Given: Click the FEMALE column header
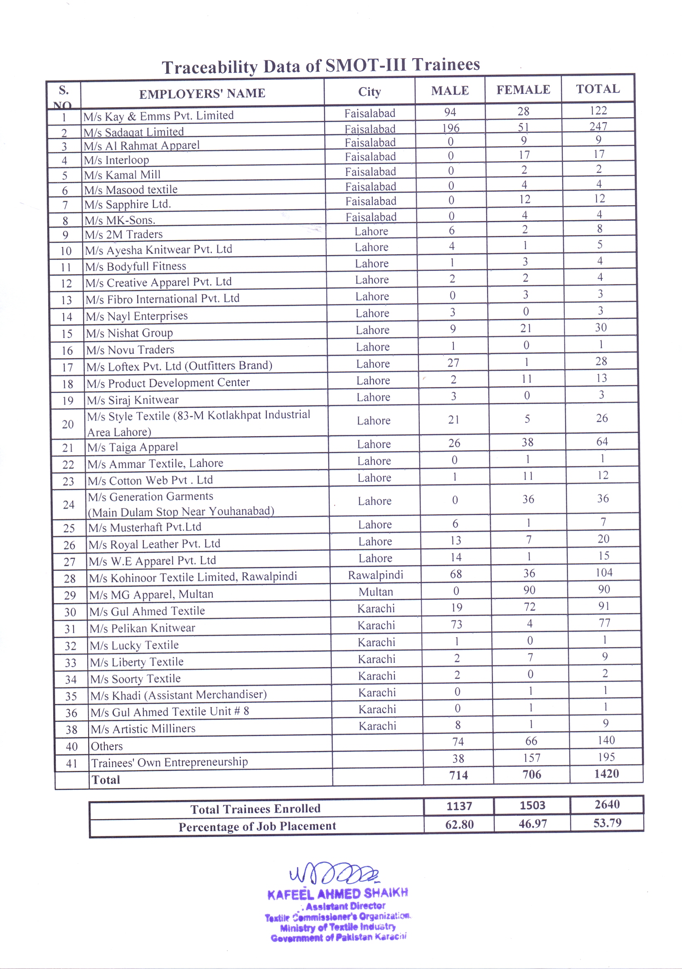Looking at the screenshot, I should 523,89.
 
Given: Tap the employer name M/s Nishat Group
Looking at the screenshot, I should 129,333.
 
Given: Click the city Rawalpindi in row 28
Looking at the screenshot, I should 375,575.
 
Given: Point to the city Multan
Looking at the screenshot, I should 375,592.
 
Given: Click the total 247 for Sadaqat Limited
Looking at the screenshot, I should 598,126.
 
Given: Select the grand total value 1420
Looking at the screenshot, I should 606,774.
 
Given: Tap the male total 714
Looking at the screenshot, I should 458,775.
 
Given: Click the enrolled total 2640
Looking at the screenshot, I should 607,805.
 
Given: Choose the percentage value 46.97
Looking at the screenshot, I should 532,823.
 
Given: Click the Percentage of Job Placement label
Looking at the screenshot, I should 257,826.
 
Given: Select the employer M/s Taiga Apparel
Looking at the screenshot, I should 132,447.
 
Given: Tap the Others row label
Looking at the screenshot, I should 107,746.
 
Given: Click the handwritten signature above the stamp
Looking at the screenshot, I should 334,873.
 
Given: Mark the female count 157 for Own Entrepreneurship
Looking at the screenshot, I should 531,758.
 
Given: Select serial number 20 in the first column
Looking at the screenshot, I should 68,424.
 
